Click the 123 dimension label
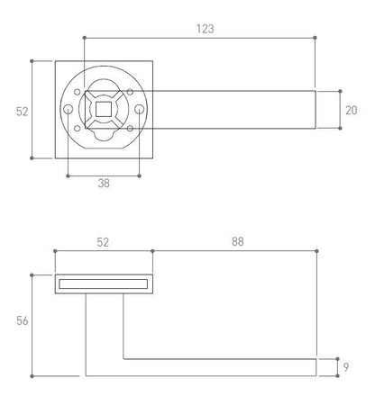pos(206,29)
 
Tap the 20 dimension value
pos(352,111)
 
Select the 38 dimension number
pos(104,183)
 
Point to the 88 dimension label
pos(238,241)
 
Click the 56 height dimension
pos(23,320)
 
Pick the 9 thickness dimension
pos(346,367)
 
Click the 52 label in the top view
pos(23,112)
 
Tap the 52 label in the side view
pos(103,242)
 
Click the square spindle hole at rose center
pos(104,109)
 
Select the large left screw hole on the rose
pos(69,109)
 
